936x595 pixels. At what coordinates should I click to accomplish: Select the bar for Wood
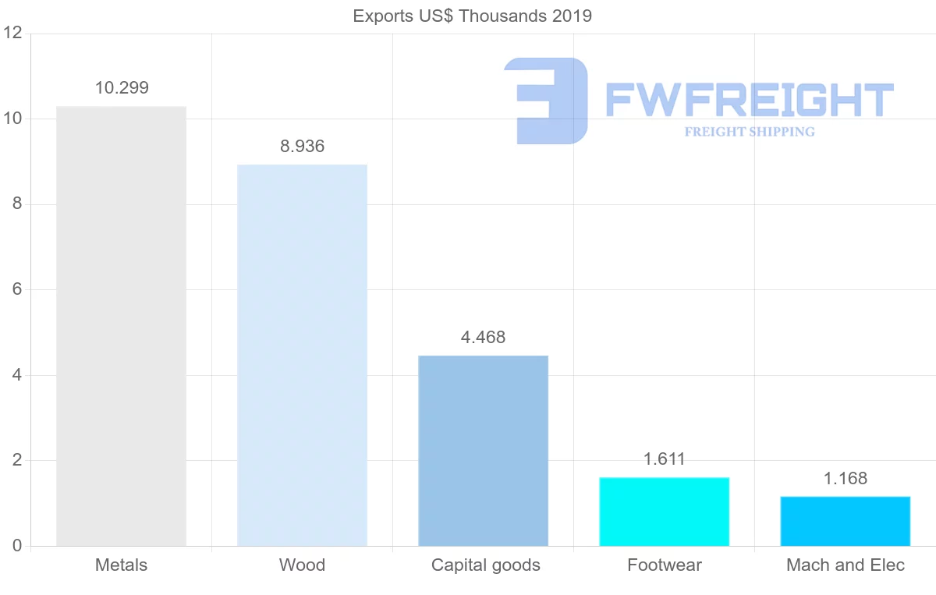[x=302, y=355]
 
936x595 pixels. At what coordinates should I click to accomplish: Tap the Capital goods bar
[x=483, y=451]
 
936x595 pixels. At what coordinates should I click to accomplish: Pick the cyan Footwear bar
[x=664, y=512]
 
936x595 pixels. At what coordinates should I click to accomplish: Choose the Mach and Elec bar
[x=845, y=521]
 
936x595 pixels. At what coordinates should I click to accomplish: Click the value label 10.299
[x=122, y=88]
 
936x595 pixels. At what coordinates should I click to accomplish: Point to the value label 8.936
[x=302, y=147]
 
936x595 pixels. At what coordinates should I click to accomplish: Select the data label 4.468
[x=484, y=338]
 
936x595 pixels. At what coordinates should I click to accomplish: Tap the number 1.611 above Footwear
[x=664, y=459]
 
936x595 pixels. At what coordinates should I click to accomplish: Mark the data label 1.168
[x=845, y=479]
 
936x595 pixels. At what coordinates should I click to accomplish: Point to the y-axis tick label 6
[x=16, y=289]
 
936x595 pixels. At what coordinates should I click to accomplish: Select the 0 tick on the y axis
[x=16, y=546]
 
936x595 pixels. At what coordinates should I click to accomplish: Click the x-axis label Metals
[x=121, y=565]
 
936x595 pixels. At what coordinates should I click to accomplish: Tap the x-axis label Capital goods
[x=485, y=565]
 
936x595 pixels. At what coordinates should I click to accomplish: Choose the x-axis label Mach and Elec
[x=846, y=565]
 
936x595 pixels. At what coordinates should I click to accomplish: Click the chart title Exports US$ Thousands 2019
[x=472, y=16]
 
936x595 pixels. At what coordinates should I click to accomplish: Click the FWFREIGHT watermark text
[x=749, y=100]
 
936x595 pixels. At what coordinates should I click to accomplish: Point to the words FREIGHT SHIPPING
[x=749, y=132]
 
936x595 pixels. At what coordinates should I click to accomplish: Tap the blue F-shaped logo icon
[x=545, y=101]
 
